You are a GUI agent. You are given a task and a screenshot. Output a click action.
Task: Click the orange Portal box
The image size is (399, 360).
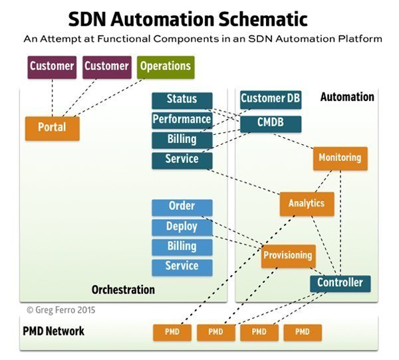[52, 128]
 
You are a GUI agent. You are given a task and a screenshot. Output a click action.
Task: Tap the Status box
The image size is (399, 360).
[182, 100]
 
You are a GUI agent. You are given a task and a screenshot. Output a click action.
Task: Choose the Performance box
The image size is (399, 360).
[182, 120]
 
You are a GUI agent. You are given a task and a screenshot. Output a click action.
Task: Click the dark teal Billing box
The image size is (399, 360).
[182, 139]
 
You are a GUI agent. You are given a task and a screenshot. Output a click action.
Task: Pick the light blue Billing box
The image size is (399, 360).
[182, 246]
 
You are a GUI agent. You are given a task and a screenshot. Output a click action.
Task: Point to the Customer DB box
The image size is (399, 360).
[271, 100]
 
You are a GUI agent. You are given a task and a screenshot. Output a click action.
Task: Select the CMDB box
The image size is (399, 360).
[271, 123]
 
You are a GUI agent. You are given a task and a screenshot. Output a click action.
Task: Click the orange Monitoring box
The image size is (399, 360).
[340, 158]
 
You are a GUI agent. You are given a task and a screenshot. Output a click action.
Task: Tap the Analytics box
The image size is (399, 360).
[306, 203]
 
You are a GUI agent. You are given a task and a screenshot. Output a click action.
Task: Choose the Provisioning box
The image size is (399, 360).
[287, 255]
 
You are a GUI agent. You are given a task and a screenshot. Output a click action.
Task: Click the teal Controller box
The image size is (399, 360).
[340, 283]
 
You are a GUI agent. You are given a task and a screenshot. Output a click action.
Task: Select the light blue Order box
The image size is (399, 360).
[182, 207]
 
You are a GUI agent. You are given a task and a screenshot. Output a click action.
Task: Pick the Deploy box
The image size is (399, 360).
[182, 226]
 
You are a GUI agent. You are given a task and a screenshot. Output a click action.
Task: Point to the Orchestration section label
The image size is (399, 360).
[123, 290]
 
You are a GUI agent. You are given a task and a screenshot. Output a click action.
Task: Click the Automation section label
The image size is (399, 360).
[347, 97]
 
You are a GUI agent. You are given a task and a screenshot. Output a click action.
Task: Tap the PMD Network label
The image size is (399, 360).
[55, 331]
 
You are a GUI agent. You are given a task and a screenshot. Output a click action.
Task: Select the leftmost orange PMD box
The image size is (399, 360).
[172, 331]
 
